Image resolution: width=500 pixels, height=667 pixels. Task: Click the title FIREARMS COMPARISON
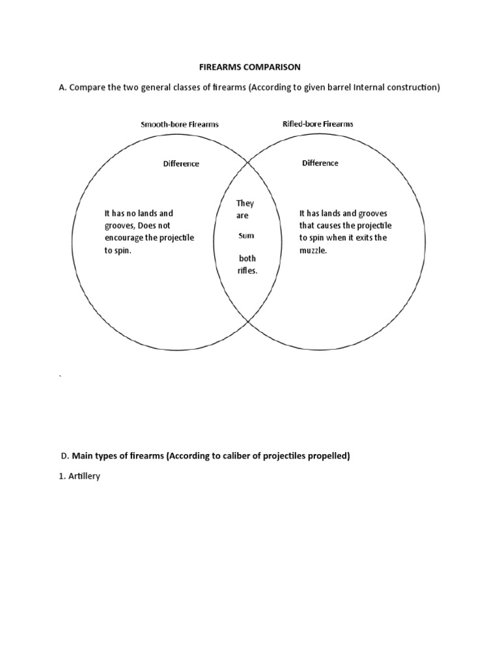[x=250, y=66]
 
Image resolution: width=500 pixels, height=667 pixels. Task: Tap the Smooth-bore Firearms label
[x=180, y=124]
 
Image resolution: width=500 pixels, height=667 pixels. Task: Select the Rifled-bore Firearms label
[x=318, y=124]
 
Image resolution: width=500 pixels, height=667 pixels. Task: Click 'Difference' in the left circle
[x=181, y=163]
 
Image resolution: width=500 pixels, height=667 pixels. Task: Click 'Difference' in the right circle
[x=320, y=163]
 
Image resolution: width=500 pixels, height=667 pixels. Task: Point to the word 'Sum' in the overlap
[x=245, y=236]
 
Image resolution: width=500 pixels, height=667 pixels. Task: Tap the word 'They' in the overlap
[x=245, y=204]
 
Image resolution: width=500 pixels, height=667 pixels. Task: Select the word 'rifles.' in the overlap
[x=247, y=270]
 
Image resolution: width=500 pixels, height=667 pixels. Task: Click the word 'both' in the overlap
[x=247, y=259]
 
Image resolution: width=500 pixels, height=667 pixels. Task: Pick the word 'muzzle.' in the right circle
[x=312, y=250]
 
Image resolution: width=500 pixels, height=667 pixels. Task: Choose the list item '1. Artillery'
[x=79, y=477]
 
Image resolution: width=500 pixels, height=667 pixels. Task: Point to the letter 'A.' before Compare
[x=63, y=88]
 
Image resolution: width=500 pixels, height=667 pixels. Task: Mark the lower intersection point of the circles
[x=247, y=320]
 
